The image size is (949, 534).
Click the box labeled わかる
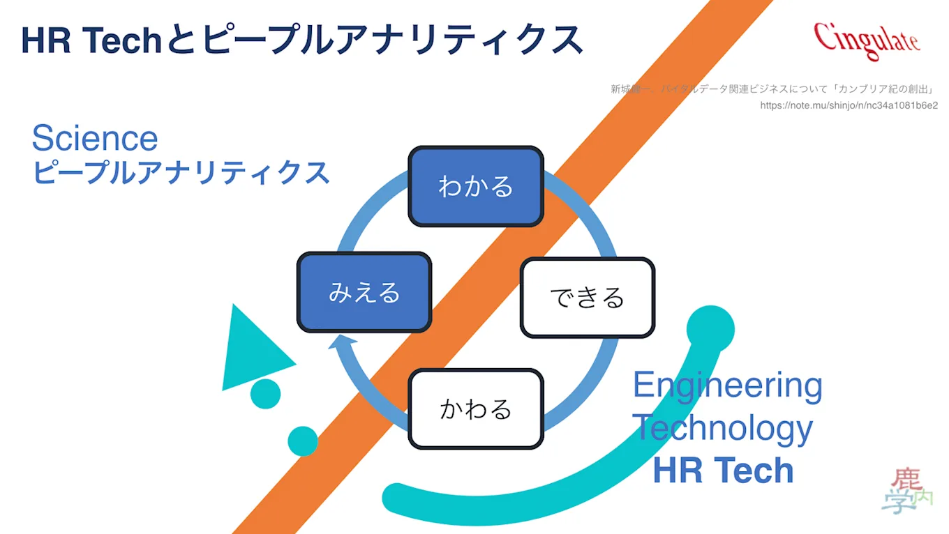click(x=475, y=187)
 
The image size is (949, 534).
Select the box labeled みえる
click(x=364, y=292)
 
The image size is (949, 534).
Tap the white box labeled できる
click(x=587, y=298)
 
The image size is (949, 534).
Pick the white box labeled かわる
click(x=475, y=409)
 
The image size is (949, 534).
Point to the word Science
click(x=95, y=138)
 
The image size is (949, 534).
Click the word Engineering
click(x=728, y=385)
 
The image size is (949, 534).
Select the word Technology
click(x=722, y=427)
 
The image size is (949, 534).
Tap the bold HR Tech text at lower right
click(x=724, y=470)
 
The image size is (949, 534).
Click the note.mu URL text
click(x=849, y=106)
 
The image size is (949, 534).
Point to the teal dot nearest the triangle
click(x=265, y=394)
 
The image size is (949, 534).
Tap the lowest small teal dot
click(x=303, y=441)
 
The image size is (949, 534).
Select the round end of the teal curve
click(x=710, y=329)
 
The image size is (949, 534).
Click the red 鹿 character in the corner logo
click(x=907, y=480)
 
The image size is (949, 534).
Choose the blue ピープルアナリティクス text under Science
click(x=181, y=172)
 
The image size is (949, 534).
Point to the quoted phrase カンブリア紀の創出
click(x=884, y=89)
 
